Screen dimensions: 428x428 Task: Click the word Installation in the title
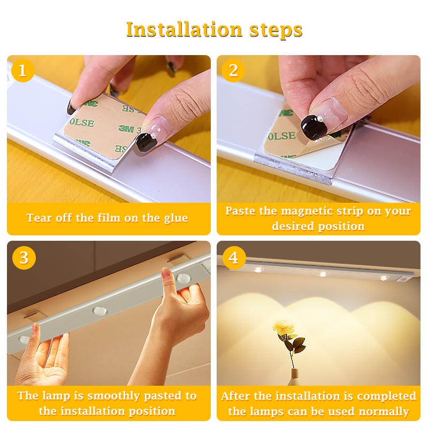[184, 29]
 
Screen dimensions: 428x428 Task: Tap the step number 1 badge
[23, 71]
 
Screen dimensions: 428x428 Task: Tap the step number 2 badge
[233, 71]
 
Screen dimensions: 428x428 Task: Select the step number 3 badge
[24, 258]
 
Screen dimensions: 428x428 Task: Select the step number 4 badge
[234, 258]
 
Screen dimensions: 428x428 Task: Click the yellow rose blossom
[284, 328]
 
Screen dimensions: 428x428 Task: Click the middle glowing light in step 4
[323, 273]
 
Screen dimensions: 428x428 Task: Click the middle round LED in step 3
[100, 311]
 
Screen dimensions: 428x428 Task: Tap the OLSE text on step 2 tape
[282, 136]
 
